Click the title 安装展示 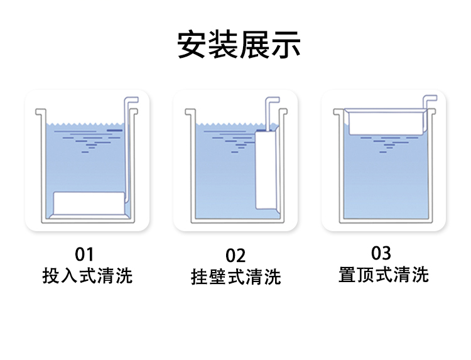click(x=239, y=44)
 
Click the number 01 click(x=84, y=254)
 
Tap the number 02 click(x=235, y=256)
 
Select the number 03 click(x=381, y=253)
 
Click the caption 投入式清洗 click(x=87, y=275)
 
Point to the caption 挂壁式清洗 click(x=235, y=277)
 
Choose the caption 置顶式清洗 click(x=383, y=275)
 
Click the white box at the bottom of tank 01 click(x=89, y=204)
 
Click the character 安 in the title click(x=192, y=44)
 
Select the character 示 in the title click(x=286, y=44)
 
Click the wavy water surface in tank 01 click(x=85, y=124)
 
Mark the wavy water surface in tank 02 click(x=230, y=124)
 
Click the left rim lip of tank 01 click(x=41, y=112)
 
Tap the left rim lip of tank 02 click(x=190, y=112)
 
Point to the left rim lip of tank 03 click(x=338, y=112)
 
